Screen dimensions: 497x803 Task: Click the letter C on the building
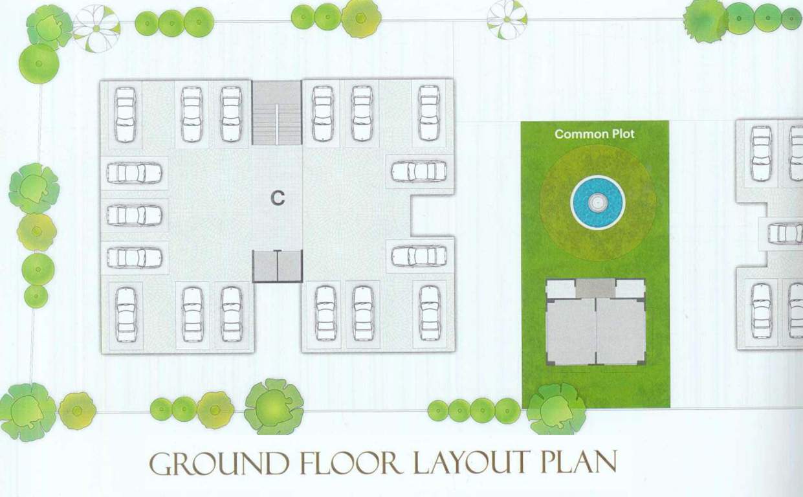pyautogui.click(x=278, y=198)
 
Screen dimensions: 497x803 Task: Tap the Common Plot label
pyautogui.click(x=595, y=134)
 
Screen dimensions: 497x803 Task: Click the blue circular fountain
pyautogui.click(x=597, y=203)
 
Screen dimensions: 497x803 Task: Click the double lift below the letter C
pyautogui.click(x=278, y=265)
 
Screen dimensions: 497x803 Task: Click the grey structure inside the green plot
pyautogui.click(x=595, y=322)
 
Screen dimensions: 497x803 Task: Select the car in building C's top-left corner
pyautogui.click(x=125, y=115)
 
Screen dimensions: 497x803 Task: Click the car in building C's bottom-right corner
pyautogui.click(x=429, y=313)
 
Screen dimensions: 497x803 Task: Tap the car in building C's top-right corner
pyautogui.click(x=428, y=113)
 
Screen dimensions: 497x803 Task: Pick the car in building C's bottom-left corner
pyautogui.click(x=126, y=315)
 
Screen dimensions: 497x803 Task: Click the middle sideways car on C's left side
pyautogui.click(x=134, y=215)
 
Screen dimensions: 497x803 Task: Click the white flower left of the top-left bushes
pyautogui.click(x=96, y=28)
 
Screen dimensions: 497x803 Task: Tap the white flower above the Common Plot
pyautogui.click(x=507, y=19)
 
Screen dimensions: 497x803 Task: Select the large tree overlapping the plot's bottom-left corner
pyautogui.click(x=556, y=408)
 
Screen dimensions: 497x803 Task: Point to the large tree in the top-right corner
pyautogui.click(x=706, y=20)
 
